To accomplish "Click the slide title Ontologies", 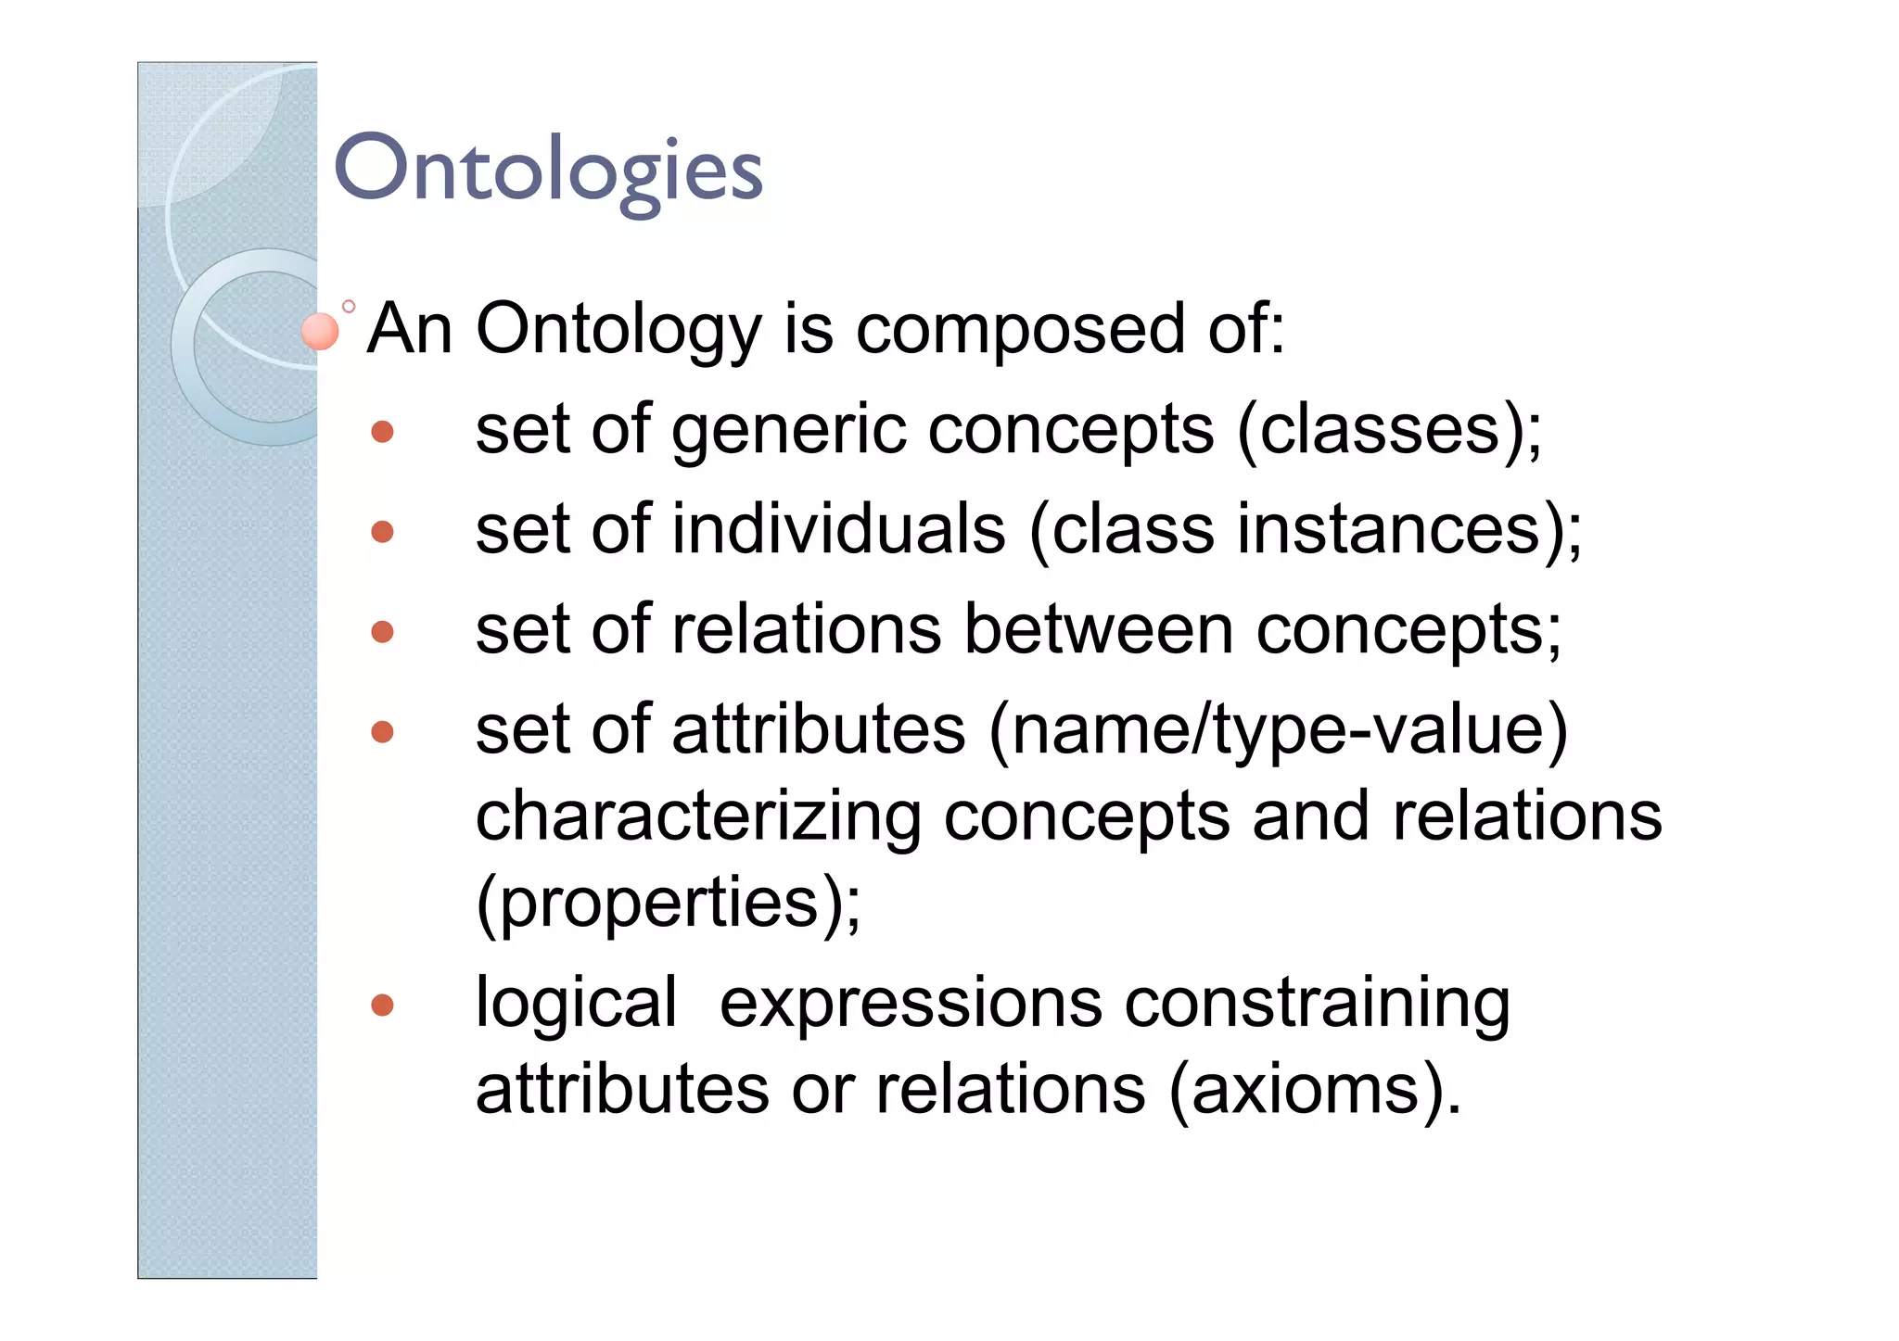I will tap(547, 171).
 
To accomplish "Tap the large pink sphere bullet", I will tap(320, 332).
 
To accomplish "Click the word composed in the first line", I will tap(1019, 330).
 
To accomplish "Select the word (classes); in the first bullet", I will tap(1389, 431).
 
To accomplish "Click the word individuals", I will tap(838, 530).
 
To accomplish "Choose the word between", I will tap(1099, 630).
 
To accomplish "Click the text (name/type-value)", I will tap(1278, 732).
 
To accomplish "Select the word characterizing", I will tap(697, 818).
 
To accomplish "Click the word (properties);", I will tap(668, 904).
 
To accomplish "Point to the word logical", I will tap(576, 1005).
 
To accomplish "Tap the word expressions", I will tap(911, 1005).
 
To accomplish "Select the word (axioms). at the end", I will tap(1314, 1090).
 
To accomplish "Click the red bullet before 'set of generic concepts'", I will tap(382, 432).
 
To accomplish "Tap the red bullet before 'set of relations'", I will tap(382, 632).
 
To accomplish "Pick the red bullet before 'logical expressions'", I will tap(382, 1006).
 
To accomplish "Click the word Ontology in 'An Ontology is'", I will tap(618, 330).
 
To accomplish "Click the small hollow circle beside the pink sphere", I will tap(349, 306).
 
